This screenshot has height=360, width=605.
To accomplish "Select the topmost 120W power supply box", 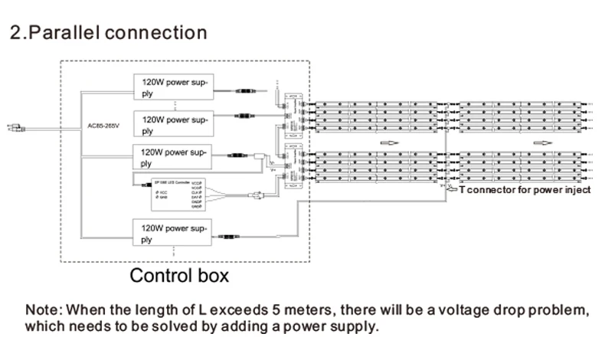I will pyautogui.click(x=172, y=86).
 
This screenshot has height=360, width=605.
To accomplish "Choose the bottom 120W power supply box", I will pyautogui.click(x=172, y=231).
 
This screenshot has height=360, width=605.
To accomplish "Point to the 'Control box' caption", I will pyautogui.click(x=178, y=275).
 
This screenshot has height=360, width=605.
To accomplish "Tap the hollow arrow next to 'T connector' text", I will pyautogui.click(x=453, y=189).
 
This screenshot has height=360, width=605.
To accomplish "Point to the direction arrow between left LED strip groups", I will pyautogui.click(x=390, y=142).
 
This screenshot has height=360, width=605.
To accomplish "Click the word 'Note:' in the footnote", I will pyautogui.click(x=45, y=312).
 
